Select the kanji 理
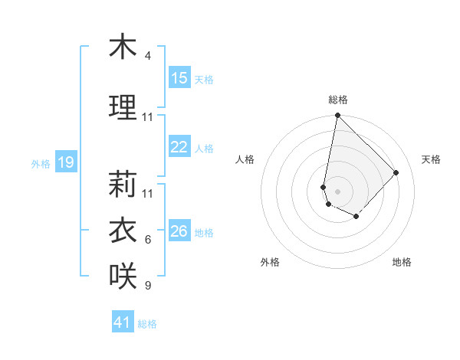[x=123, y=107]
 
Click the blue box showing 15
[x=179, y=78]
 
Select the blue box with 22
[x=179, y=147]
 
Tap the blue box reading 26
[x=179, y=231]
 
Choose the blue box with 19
[x=65, y=162]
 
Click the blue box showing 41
[x=123, y=322]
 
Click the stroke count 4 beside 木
[x=148, y=56]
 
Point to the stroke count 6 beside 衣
[x=148, y=240]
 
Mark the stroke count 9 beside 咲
[x=148, y=286]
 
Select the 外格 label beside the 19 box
[x=41, y=163]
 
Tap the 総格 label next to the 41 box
[x=147, y=324]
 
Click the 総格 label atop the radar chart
[x=338, y=100]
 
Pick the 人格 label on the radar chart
[x=245, y=159]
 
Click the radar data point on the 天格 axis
[x=396, y=172]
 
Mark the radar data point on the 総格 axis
[x=337, y=116]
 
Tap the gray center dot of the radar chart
[x=337, y=191]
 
